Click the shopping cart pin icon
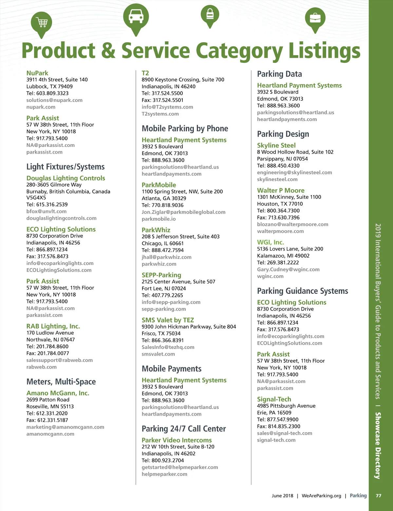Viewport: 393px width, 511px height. coord(42,23)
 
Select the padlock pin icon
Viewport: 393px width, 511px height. coord(210,15)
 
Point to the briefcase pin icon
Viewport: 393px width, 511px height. coord(315,18)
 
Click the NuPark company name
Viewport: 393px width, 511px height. coord(37,73)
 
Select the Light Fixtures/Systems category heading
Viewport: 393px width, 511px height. coord(65,167)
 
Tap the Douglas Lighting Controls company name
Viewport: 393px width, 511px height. coord(66,178)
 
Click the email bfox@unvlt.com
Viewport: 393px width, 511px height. coord(47,212)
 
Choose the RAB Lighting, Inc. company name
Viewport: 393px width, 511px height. coord(53,326)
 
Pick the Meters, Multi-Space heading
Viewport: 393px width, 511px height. coord(61,382)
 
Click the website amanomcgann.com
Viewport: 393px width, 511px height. coord(50,434)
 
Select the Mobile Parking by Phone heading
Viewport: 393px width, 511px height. coord(185,129)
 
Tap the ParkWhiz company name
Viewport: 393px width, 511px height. coord(156,230)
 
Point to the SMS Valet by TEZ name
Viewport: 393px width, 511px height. coord(168,320)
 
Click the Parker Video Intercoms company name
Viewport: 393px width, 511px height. coord(177,440)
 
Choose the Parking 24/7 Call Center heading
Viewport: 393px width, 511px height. coord(184,429)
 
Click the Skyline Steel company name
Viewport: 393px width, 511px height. coord(276,145)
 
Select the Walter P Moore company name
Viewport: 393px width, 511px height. coord(281,191)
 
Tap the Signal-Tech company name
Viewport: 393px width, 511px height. coord(274,399)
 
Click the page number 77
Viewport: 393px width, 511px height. coord(379,496)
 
